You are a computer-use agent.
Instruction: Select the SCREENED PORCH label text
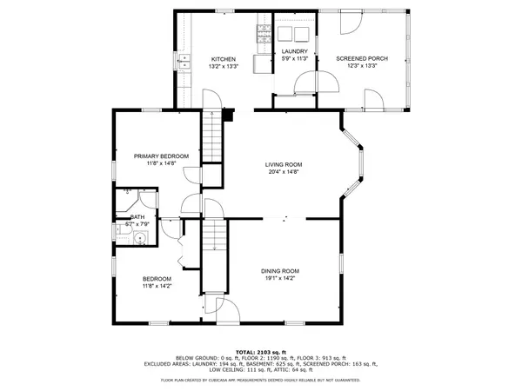pyautogui.click(x=362, y=59)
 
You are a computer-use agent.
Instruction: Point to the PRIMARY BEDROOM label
pyautogui.click(x=161, y=156)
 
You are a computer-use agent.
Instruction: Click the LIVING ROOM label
pyautogui.click(x=284, y=164)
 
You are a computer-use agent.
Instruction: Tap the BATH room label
pyautogui.click(x=137, y=217)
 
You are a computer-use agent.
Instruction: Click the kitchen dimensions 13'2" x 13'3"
pyautogui.click(x=223, y=67)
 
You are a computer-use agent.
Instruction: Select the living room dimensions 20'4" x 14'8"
pyautogui.click(x=284, y=171)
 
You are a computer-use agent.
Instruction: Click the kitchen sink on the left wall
pyautogui.click(x=184, y=61)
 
